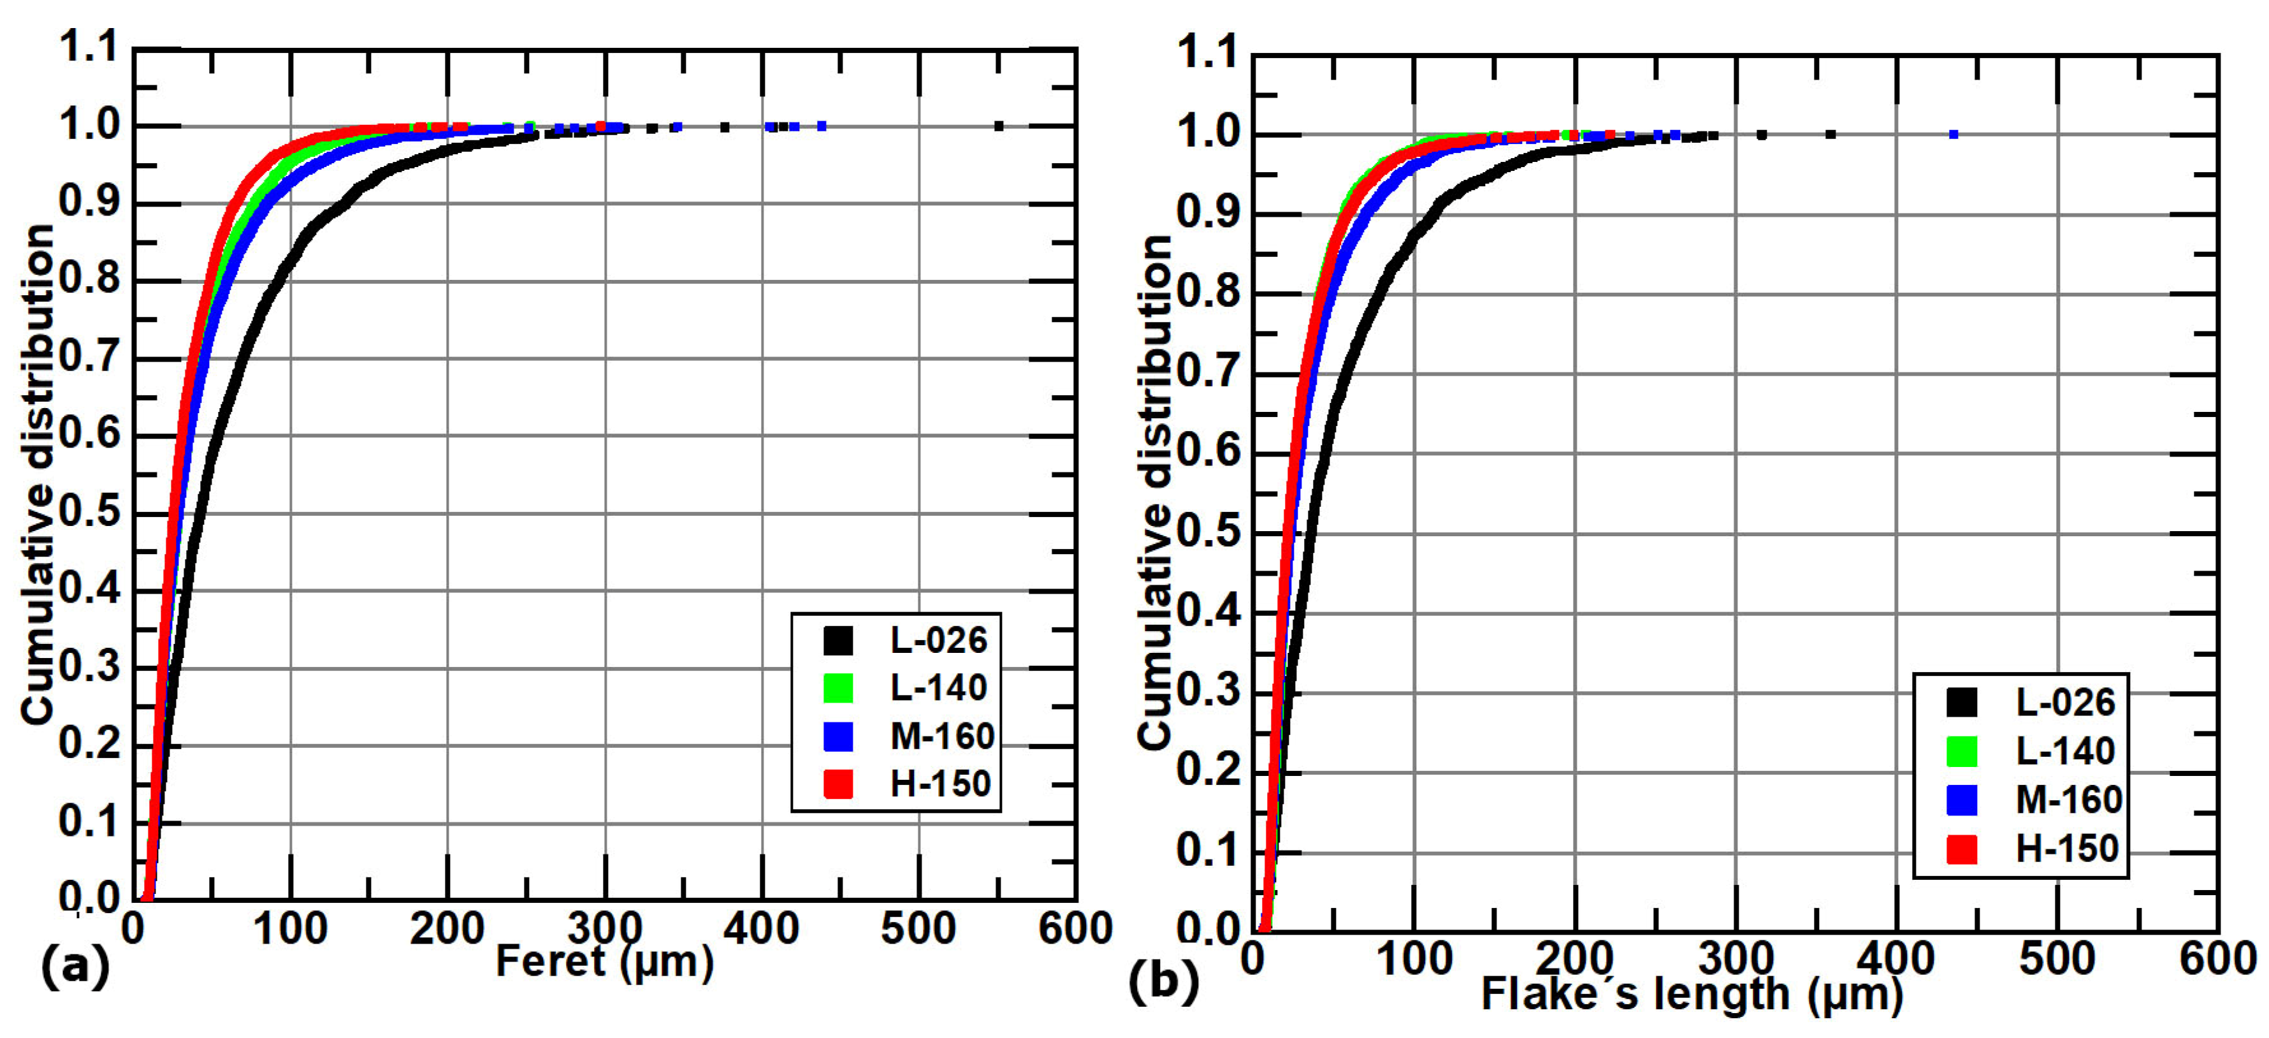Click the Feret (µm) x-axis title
(604, 961)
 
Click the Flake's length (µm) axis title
(1691, 995)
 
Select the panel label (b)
(1163, 981)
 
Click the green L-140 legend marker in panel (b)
(1961, 750)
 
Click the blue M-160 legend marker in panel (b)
(1961, 799)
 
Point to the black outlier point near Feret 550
(999, 126)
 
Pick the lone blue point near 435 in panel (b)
(1954, 135)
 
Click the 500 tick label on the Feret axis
(918, 929)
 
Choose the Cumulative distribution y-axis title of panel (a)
(37, 476)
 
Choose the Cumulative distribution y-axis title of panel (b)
(1154, 493)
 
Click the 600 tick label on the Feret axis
(1075, 929)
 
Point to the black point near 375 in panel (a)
(724, 127)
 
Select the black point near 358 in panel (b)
(1830, 135)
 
